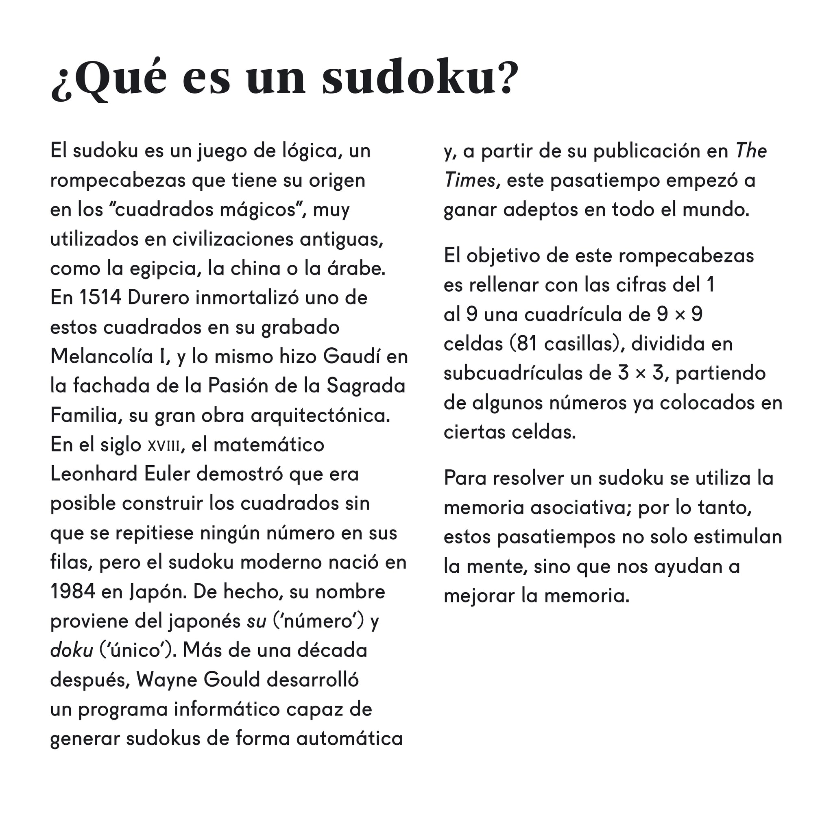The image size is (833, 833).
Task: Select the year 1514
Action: pos(100,297)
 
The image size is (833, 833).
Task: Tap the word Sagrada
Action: pos(366,386)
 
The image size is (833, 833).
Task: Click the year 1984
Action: pos(72,591)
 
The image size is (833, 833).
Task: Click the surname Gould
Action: pos(232,680)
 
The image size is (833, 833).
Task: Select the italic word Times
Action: pos(469,180)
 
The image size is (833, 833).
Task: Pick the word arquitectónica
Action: pos(321,416)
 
